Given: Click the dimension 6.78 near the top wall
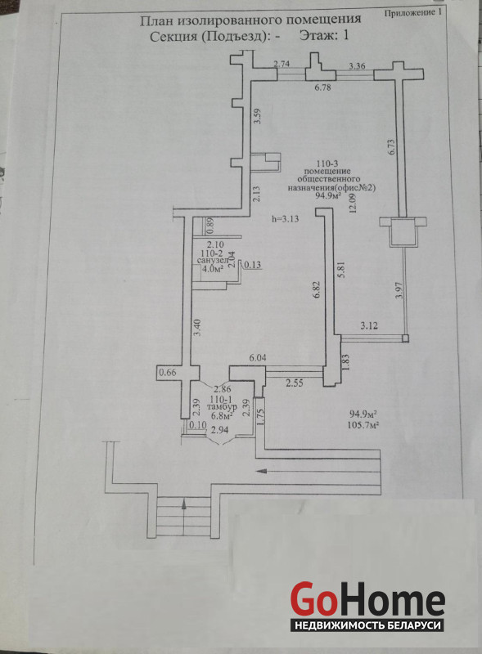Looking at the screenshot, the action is point(322,87).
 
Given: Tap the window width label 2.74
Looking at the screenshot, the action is point(282,64).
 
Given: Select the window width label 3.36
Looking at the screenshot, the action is point(357,65).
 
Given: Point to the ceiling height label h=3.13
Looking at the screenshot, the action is point(285,218).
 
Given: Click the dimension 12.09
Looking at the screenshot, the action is point(353,204).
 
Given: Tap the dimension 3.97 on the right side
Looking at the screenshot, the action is point(399,290).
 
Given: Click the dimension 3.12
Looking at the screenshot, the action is point(369,325).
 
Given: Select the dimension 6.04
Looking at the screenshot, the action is point(258,358).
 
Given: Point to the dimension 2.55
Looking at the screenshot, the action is point(295,383).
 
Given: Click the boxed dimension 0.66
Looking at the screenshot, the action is point(169,373).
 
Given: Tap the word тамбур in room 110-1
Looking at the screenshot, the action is point(224,406).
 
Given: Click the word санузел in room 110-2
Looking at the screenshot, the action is point(213,260).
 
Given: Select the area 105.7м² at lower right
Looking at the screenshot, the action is point(363,425).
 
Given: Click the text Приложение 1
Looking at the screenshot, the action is point(412,13).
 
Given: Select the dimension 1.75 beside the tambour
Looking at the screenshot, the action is point(260,416).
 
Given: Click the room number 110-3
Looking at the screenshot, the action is point(327,163).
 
